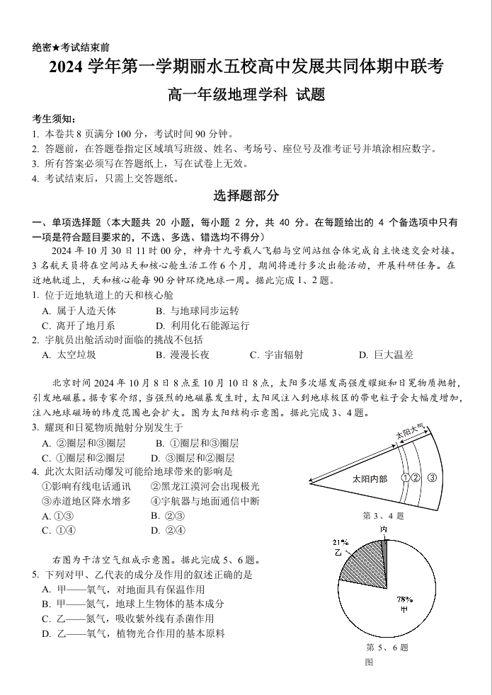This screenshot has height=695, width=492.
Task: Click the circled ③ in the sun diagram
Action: (431, 477)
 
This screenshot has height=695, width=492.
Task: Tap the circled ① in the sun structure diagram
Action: (406, 477)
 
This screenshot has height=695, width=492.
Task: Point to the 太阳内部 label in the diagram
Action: (370, 479)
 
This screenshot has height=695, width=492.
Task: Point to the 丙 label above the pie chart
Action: (383, 529)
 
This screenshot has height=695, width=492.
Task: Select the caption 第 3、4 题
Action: (383, 516)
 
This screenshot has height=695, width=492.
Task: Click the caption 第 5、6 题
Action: (387, 648)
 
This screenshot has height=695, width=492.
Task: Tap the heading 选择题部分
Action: (246, 196)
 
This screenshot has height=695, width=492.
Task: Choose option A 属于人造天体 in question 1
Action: (79, 311)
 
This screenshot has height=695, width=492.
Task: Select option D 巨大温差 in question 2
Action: (385, 355)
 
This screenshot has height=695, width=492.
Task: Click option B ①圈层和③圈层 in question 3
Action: (196, 443)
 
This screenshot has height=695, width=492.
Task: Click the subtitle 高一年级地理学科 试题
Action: (246, 94)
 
